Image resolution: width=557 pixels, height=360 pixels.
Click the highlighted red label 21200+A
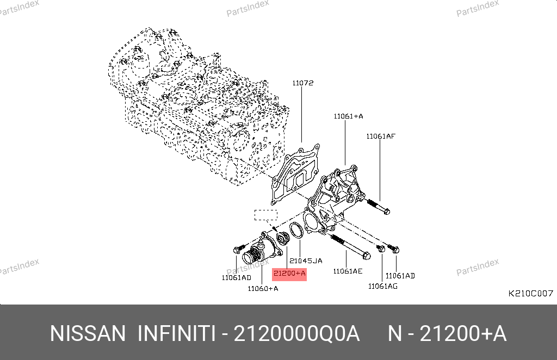pyautogui.click(x=289, y=274)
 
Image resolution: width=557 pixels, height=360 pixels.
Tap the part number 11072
pyautogui.click(x=303, y=83)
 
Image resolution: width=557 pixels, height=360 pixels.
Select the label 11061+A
pyautogui.click(x=348, y=116)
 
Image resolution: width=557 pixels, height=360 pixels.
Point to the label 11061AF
pyautogui.click(x=381, y=136)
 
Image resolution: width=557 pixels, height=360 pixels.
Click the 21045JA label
pyautogui.click(x=306, y=261)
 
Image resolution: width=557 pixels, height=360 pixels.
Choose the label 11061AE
pyautogui.click(x=348, y=271)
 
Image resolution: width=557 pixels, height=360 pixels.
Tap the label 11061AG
pyautogui.click(x=382, y=286)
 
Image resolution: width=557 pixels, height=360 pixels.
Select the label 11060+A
pyautogui.click(x=263, y=289)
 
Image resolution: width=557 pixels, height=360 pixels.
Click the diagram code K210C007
pyautogui.click(x=531, y=294)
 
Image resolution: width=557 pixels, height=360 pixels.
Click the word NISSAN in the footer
pyautogui.click(x=88, y=334)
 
